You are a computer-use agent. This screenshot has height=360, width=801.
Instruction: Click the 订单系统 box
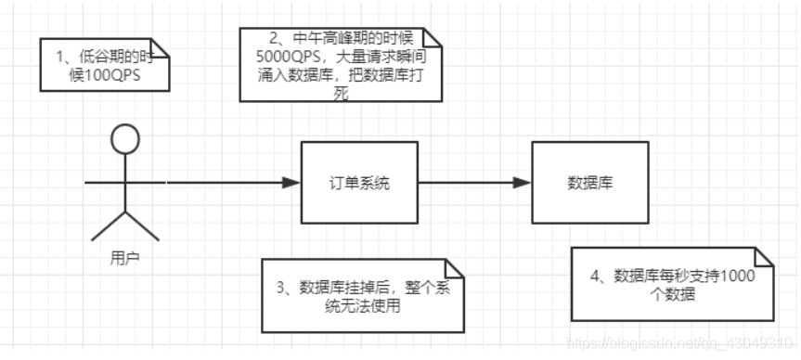[358, 183]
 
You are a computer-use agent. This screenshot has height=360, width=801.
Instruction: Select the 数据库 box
[588, 183]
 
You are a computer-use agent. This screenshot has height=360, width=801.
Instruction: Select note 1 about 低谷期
[104, 65]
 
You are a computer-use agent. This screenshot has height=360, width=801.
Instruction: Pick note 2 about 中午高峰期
[339, 65]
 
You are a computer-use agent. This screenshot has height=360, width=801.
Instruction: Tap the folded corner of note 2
[433, 34]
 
